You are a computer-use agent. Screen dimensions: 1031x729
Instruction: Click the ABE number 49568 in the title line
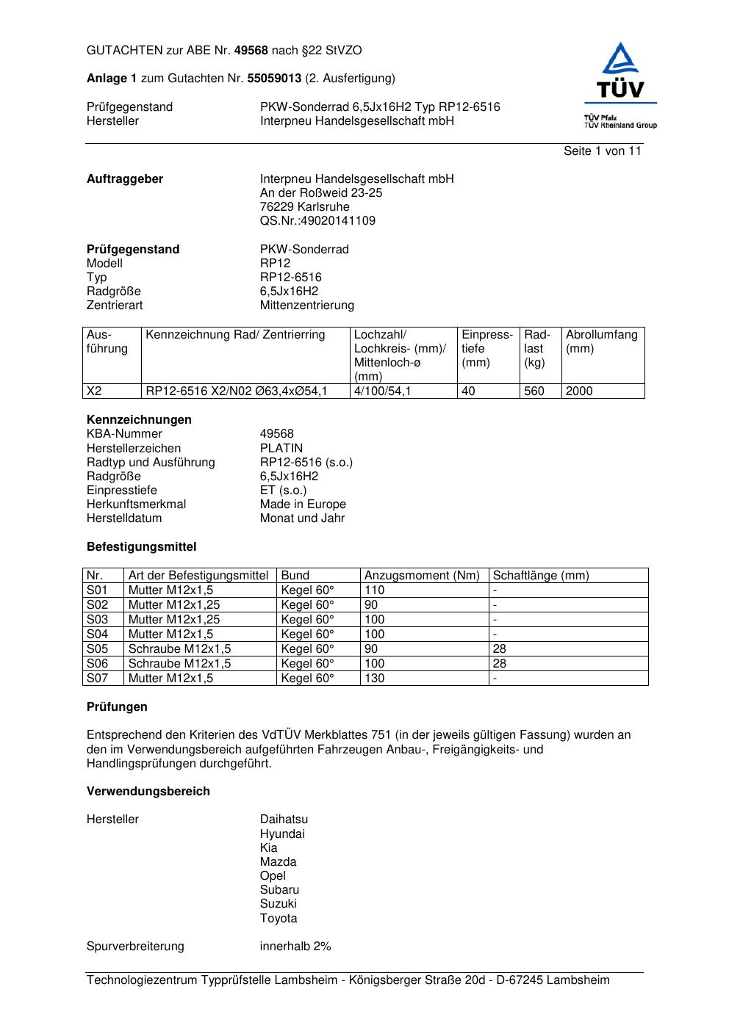click(251, 51)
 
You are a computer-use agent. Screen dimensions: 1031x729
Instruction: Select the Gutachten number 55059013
click(274, 79)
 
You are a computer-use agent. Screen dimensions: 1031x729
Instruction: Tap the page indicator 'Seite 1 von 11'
click(602, 151)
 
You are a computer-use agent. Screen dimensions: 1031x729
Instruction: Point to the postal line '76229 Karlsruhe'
click(304, 207)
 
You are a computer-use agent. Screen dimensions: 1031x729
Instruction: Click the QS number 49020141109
click(317, 221)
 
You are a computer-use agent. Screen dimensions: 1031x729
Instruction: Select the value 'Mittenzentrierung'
click(306, 305)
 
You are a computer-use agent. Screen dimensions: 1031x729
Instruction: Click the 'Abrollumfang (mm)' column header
click(601, 341)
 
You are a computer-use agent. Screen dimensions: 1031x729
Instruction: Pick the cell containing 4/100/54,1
click(382, 391)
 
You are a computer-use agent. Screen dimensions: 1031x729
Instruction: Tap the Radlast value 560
click(534, 391)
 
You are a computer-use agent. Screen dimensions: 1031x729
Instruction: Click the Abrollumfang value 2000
click(579, 391)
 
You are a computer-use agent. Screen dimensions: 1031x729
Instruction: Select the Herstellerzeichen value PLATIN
click(281, 449)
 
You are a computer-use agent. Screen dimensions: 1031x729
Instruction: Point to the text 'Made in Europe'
click(303, 504)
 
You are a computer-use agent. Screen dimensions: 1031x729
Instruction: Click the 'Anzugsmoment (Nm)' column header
click(422, 576)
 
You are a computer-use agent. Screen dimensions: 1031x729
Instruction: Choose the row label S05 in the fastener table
click(97, 649)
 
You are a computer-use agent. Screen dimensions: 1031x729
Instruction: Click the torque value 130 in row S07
click(374, 679)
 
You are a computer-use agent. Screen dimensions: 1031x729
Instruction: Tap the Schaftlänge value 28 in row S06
click(499, 664)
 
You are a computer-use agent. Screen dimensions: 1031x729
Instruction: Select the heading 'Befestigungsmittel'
click(141, 547)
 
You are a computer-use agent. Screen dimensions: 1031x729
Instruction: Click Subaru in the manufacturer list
click(279, 890)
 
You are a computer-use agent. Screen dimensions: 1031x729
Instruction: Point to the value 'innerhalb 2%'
click(295, 947)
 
